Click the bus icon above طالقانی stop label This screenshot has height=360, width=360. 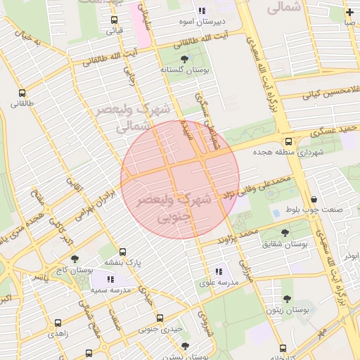click(22, 92)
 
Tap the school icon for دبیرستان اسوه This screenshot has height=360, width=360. click(202, 11)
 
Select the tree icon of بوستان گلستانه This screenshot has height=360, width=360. click(184, 59)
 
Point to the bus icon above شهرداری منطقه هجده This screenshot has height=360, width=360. click(288, 141)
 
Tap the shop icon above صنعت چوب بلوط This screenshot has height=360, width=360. click(312, 199)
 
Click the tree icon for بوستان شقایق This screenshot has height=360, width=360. click(284, 233)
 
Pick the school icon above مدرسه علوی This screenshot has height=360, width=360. click(219, 271)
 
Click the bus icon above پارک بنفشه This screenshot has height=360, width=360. click(123, 252)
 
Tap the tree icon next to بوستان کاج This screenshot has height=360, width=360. click(75, 259)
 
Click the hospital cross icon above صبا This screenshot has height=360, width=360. click(349, 12)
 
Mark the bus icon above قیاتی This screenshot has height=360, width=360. click(115, 19)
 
